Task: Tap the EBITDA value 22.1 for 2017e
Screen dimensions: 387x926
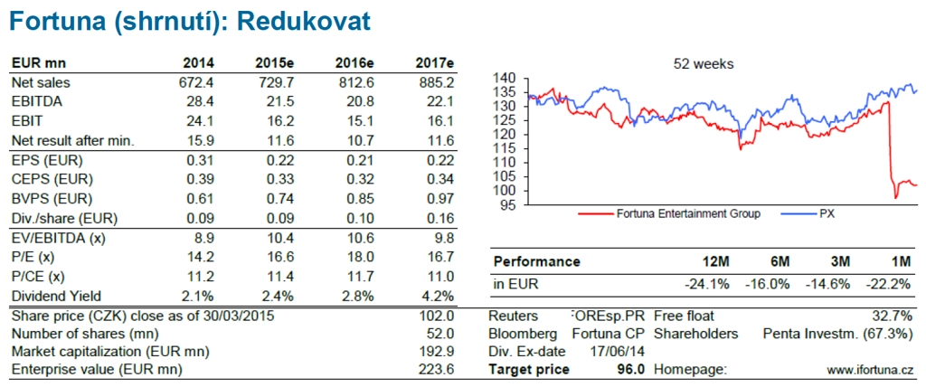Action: coord(437,101)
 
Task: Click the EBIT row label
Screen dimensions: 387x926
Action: coord(26,120)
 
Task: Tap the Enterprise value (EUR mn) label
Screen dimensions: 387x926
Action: coord(96,369)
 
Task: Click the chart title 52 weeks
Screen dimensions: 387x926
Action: coord(704,64)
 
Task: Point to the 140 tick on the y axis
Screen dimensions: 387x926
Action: coord(506,79)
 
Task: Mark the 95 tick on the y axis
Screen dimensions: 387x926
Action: coord(509,205)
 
